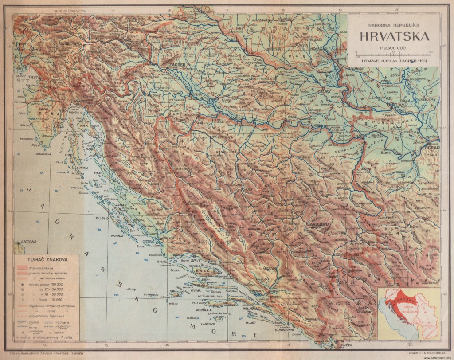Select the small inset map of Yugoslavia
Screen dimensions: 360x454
(407, 313)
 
